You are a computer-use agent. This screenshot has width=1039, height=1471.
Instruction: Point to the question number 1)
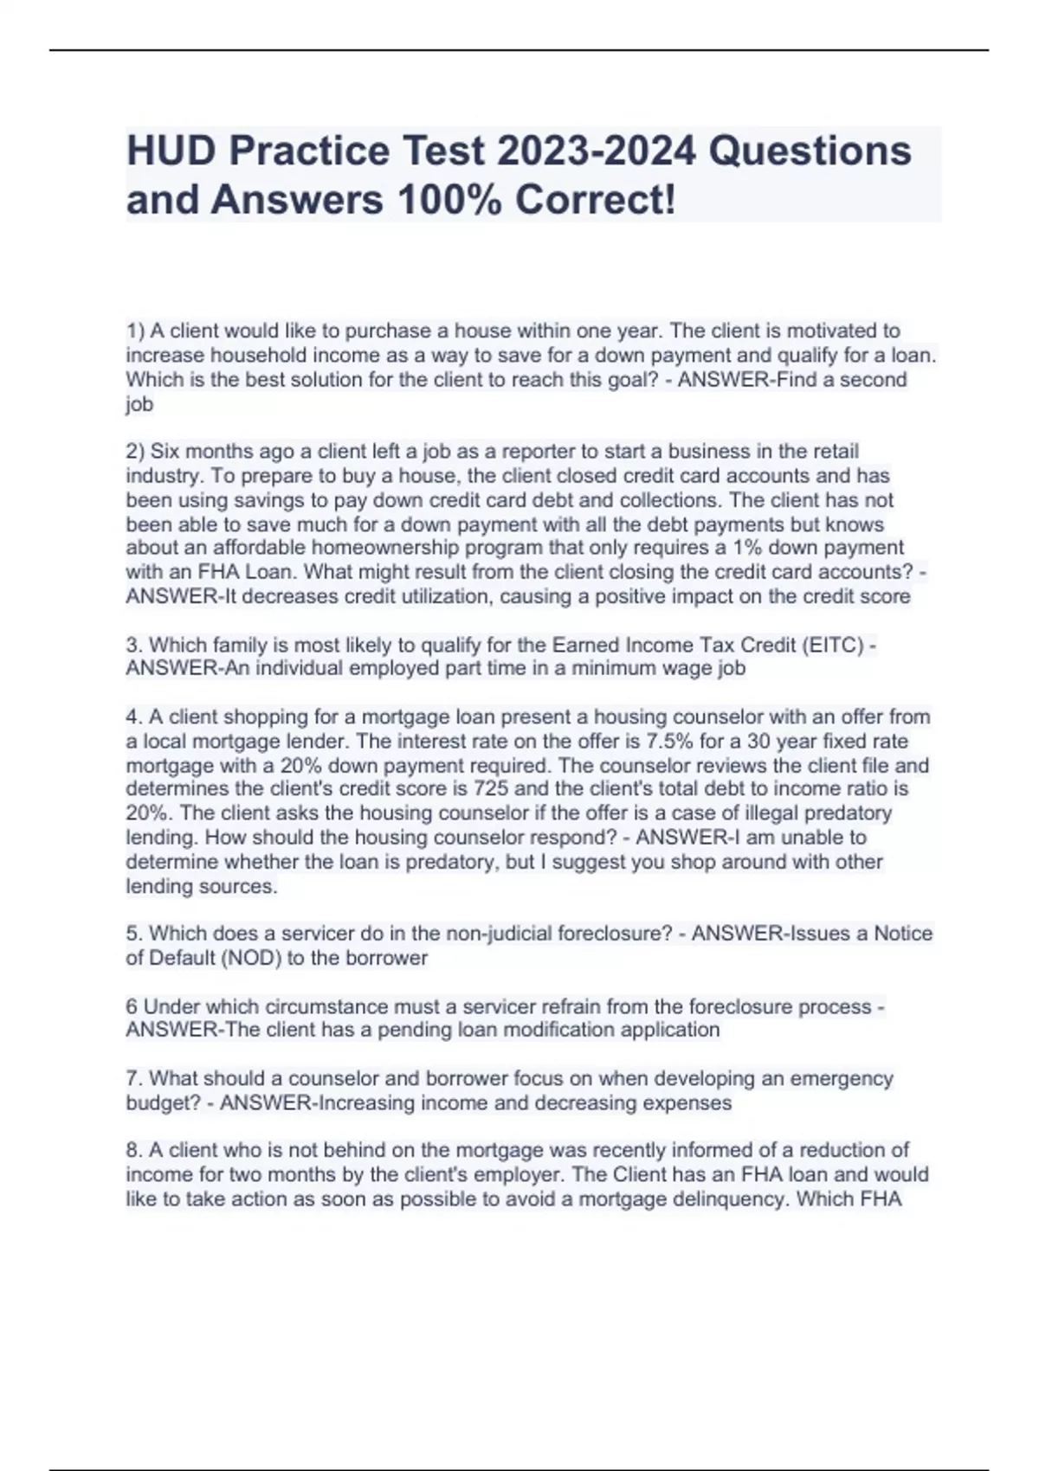(x=136, y=331)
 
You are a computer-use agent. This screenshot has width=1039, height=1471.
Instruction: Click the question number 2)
(x=136, y=452)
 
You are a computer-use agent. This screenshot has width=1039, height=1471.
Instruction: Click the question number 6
(x=132, y=1007)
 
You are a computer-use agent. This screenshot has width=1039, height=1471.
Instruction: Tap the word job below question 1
(x=139, y=405)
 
